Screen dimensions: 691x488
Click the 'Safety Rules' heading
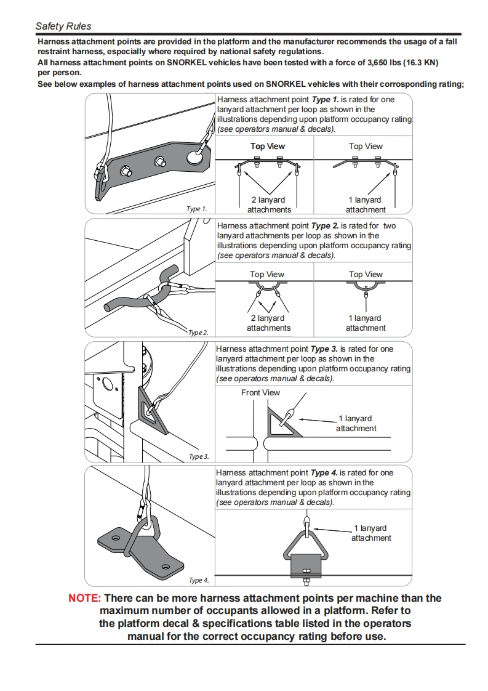(x=63, y=26)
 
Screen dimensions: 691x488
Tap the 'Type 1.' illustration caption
(x=197, y=209)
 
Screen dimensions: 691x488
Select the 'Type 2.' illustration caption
(x=198, y=333)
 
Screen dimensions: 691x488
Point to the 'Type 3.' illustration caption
(x=199, y=456)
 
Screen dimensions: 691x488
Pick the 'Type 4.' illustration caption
(x=199, y=580)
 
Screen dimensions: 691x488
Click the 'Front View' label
(x=260, y=392)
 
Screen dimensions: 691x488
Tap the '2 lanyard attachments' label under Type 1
(x=268, y=204)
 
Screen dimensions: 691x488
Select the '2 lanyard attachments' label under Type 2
(x=268, y=323)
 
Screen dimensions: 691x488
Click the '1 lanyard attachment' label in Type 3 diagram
(x=356, y=423)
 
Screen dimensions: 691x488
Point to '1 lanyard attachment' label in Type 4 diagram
(x=371, y=533)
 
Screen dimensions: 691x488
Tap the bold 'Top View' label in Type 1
(x=268, y=146)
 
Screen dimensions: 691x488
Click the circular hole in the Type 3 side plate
(x=108, y=385)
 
